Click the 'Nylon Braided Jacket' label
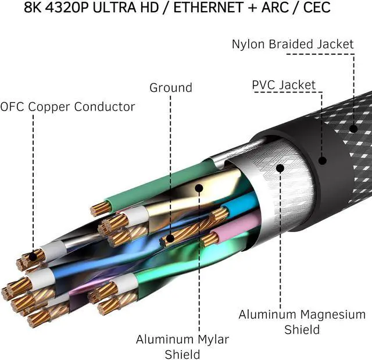[x=293, y=44]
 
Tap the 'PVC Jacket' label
[x=284, y=85]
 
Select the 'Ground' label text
[x=171, y=88]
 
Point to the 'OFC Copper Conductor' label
[x=67, y=107]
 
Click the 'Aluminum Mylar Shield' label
[x=183, y=347]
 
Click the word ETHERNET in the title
[x=208, y=8]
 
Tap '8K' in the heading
[x=33, y=8]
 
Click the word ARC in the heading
[x=275, y=8]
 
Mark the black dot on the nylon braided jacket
[x=353, y=129]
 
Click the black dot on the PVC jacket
[x=322, y=161]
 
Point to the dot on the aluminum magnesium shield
[x=280, y=168]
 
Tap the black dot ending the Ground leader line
[x=170, y=238]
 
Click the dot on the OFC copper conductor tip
[x=33, y=256]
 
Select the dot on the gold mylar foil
[x=199, y=188]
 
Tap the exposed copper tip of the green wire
[x=101, y=209]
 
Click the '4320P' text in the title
[x=67, y=8]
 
